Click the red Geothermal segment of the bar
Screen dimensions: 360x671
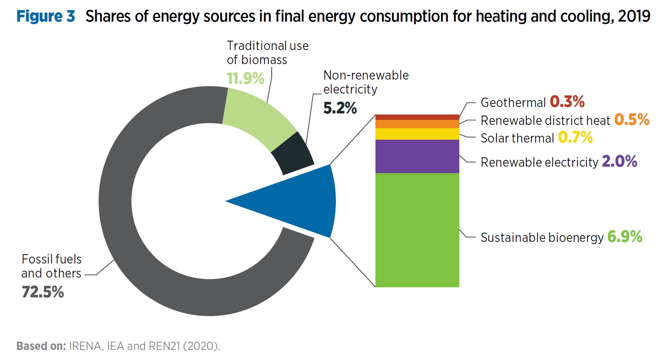[417, 117]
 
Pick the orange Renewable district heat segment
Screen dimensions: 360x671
[417, 124]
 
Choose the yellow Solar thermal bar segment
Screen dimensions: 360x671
[417, 134]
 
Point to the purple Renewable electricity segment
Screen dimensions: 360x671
[417, 156]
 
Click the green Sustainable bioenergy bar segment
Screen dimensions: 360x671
[417, 230]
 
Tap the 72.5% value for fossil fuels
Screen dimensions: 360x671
[43, 292]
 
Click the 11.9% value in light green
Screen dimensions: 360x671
[246, 78]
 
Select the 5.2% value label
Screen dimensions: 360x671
[340, 108]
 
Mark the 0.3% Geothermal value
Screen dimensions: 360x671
[567, 102]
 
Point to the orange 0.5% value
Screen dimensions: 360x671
[631, 120]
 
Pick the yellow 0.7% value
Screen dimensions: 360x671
[575, 138]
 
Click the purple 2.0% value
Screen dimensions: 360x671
[619, 161]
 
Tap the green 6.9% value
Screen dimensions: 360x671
[625, 237]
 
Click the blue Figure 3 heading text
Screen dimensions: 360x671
[46, 17]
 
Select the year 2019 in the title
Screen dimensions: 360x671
[634, 17]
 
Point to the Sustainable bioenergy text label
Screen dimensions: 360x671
[542, 238]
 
